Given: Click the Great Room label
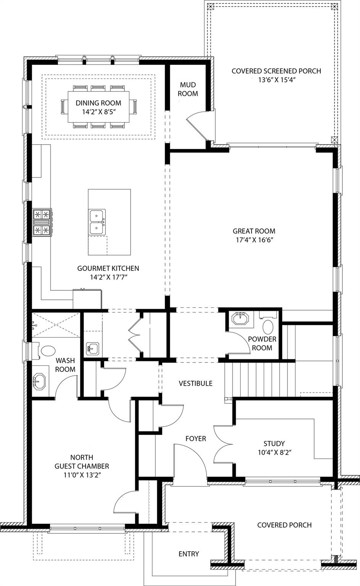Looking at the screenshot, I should click(254, 231).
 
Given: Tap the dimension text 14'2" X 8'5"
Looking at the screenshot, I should click(98, 112).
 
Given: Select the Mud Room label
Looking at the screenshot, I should click(189, 89).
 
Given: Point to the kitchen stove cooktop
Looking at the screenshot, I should click(42, 222).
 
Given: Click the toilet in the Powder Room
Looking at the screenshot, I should click(269, 327).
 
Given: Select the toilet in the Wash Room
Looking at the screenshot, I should click(47, 351).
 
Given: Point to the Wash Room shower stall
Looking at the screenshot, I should click(56, 325).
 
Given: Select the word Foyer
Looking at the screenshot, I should click(195, 438).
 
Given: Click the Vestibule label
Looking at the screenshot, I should click(195, 383).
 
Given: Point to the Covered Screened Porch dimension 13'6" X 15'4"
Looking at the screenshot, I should click(276, 80).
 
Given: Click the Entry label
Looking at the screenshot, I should click(189, 554).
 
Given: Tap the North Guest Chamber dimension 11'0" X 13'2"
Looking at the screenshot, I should click(82, 475).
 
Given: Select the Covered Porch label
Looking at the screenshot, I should click(284, 525).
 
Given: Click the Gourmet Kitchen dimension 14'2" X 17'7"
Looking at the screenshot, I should click(108, 277).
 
